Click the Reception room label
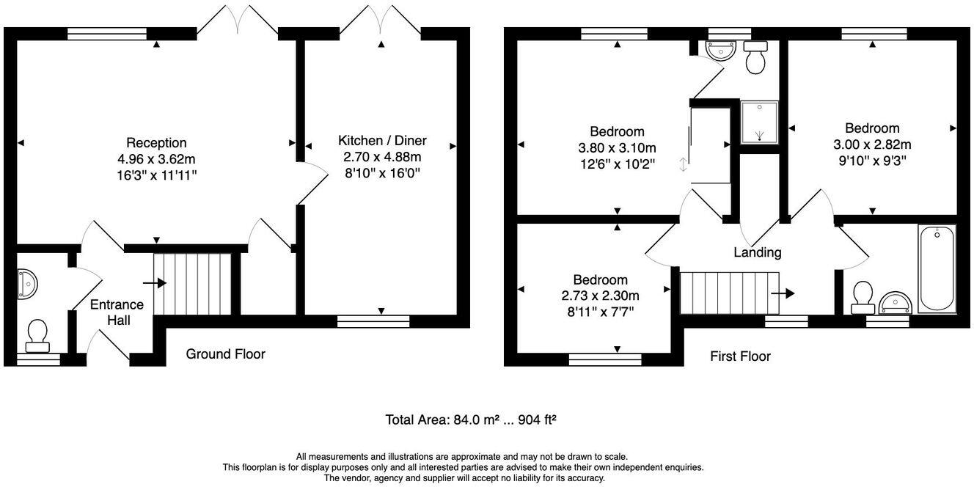pos(156,142)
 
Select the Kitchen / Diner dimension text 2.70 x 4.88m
pos(382,157)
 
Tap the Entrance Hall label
pos(117,312)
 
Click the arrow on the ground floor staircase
pos(155,282)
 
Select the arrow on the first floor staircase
pos(783,293)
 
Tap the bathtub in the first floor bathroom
pos(937,269)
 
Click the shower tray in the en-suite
pos(759,122)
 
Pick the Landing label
pos(758,252)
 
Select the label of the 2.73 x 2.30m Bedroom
pos(600,279)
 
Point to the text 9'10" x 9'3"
pos(871,161)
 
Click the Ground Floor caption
pos(225,354)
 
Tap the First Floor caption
pos(740,356)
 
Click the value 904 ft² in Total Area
pos(537,420)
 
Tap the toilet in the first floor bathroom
pos(863,294)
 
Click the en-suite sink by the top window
pos(719,49)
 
